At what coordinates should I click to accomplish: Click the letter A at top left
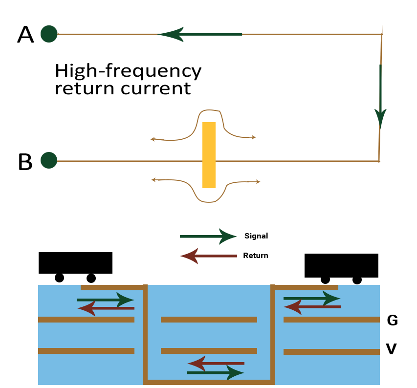[x=25, y=35]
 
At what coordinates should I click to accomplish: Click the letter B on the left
[x=25, y=162]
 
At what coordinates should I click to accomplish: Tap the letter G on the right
[x=392, y=321]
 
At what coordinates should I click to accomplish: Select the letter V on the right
[x=391, y=349]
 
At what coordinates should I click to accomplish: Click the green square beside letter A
[x=49, y=34]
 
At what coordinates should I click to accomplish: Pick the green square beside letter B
[x=49, y=160]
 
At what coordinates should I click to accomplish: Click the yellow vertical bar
[x=209, y=155]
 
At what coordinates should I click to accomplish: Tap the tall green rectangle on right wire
[x=380, y=97]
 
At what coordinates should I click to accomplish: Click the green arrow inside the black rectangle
[x=208, y=237]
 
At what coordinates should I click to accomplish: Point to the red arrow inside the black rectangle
[x=208, y=256]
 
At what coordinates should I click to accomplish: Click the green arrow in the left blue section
[x=106, y=300]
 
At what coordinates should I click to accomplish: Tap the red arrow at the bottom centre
[x=216, y=364]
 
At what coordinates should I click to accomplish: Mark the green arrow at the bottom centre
[x=216, y=373]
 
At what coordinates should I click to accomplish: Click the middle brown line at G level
[x=209, y=320]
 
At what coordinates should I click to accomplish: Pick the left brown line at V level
[x=86, y=350]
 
